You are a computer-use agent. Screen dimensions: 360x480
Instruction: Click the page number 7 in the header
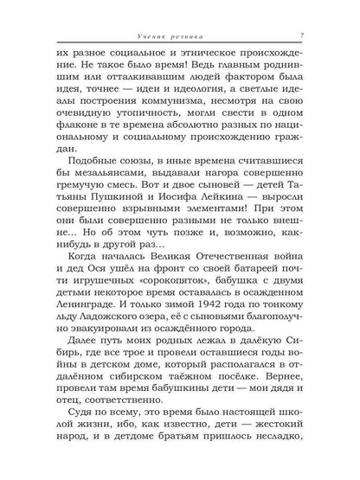pos(299,35)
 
